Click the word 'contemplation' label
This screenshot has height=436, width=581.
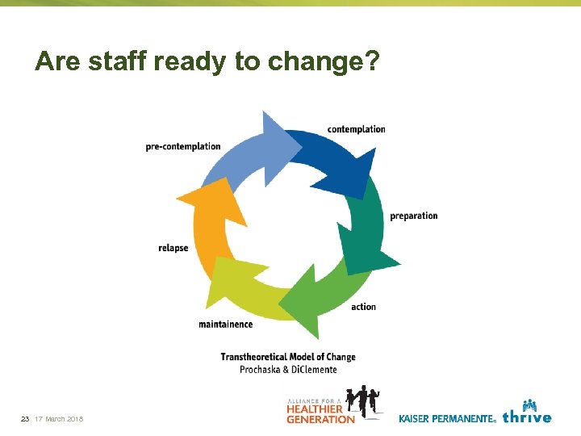(356, 129)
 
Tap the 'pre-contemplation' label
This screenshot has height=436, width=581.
(183, 146)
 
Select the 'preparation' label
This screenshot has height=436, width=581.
(413, 216)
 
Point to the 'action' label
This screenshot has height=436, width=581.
(363, 307)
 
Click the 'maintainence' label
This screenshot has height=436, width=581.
(225, 325)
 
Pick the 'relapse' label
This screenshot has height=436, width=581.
(173, 248)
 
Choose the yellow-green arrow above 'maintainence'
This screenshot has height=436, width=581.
(242, 283)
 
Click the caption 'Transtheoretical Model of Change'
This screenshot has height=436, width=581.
(288, 357)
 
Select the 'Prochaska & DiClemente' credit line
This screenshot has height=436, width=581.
(288, 369)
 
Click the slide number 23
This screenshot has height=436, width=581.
(25, 419)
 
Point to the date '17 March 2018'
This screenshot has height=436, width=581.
(59, 419)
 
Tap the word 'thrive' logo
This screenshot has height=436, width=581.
(527, 417)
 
